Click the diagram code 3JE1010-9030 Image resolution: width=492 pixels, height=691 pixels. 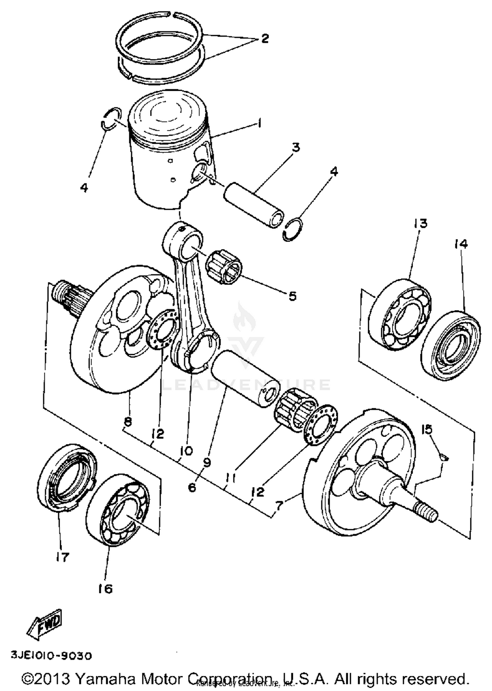click(52, 656)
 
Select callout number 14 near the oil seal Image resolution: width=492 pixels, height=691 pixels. click(461, 244)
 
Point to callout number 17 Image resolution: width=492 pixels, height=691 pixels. click(62, 557)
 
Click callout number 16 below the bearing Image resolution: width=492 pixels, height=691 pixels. click(105, 589)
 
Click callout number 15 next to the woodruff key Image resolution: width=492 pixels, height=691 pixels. click(427, 429)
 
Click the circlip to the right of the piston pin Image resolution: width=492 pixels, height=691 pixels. click(293, 230)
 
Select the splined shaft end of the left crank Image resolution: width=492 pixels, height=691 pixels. click(68, 294)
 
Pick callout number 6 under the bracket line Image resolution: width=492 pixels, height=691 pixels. click(192, 487)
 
